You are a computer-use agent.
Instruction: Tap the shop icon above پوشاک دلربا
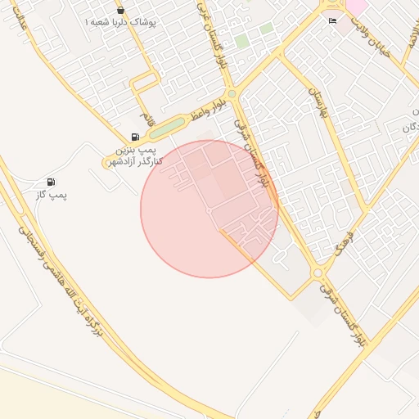[x=121, y=11]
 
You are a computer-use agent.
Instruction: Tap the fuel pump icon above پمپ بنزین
[x=134, y=137]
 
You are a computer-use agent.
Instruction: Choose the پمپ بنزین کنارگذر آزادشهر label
[x=133, y=155]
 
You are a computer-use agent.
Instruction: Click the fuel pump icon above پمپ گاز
[x=52, y=181]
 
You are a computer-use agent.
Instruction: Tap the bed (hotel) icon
[x=331, y=20]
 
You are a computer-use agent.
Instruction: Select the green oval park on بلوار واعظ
[x=168, y=128]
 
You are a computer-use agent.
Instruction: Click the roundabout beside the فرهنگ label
[x=318, y=273]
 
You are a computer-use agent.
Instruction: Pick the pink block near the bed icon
[x=358, y=7]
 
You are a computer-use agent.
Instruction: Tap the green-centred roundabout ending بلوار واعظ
[x=232, y=95]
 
